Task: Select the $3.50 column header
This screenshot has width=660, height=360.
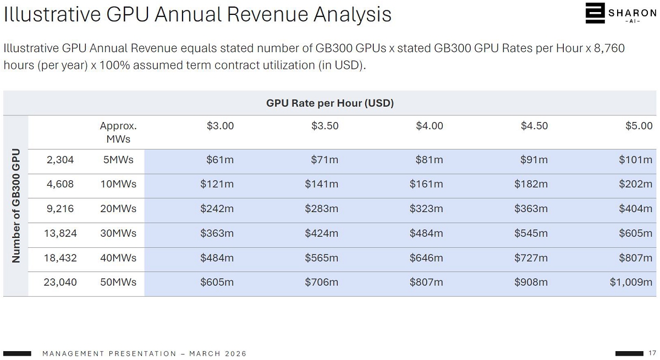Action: point(324,126)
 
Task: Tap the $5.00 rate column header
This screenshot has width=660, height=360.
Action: point(639,126)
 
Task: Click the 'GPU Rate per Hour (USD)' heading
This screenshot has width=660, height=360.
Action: point(330,103)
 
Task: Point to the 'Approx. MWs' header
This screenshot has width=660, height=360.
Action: point(118,132)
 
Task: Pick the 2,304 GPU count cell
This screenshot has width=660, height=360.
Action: point(60,160)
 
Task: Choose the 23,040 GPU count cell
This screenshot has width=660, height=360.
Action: point(60,283)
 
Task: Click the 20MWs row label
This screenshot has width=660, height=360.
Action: point(118,209)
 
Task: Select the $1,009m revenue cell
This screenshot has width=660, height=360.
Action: point(631,283)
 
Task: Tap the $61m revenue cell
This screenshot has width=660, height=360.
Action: point(220,160)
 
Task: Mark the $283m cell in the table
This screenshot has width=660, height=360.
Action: point(322,209)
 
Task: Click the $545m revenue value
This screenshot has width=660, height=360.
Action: point(531,234)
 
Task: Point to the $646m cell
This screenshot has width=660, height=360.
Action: point(426,258)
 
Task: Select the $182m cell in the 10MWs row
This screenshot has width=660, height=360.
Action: point(531,184)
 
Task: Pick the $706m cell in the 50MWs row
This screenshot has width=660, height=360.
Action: point(322,283)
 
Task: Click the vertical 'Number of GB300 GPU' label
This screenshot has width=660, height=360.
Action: point(16,206)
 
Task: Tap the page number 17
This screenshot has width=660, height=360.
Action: point(652,353)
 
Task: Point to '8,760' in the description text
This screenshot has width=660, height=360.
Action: point(609,48)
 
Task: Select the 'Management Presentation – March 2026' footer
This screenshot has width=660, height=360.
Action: point(145,353)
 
